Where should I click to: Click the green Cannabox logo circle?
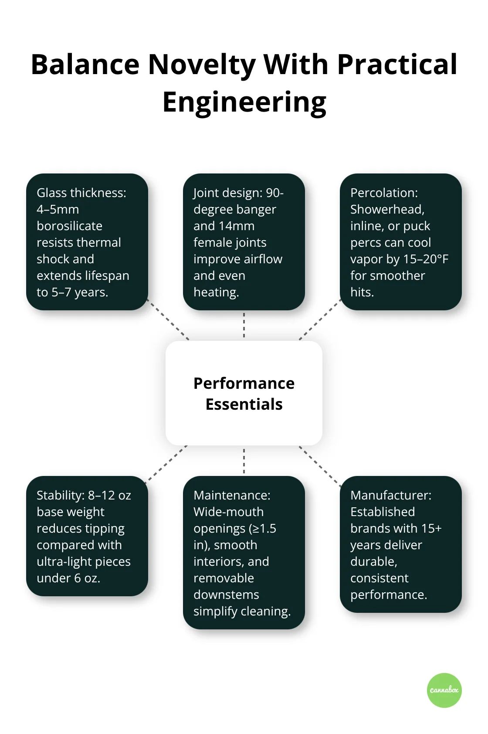click(x=444, y=690)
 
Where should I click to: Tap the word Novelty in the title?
click(x=201, y=65)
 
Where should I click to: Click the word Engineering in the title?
click(x=244, y=102)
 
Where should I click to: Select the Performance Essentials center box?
click(x=244, y=393)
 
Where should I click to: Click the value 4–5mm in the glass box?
click(x=58, y=209)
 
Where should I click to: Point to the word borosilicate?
click(x=69, y=226)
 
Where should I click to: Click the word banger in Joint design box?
click(x=256, y=209)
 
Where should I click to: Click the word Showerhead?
click(x=387, y=209)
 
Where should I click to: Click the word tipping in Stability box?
click(x=105, y=528)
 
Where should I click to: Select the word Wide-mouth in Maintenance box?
click(x=228, y=512)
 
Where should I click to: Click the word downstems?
click(x=226, y=595)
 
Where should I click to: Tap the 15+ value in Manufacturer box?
click(x=431, y=528)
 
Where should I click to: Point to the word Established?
click(x=383, y=512)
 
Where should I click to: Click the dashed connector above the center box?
click(x=244, y=325)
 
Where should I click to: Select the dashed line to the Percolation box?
click(x=319, y=320)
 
